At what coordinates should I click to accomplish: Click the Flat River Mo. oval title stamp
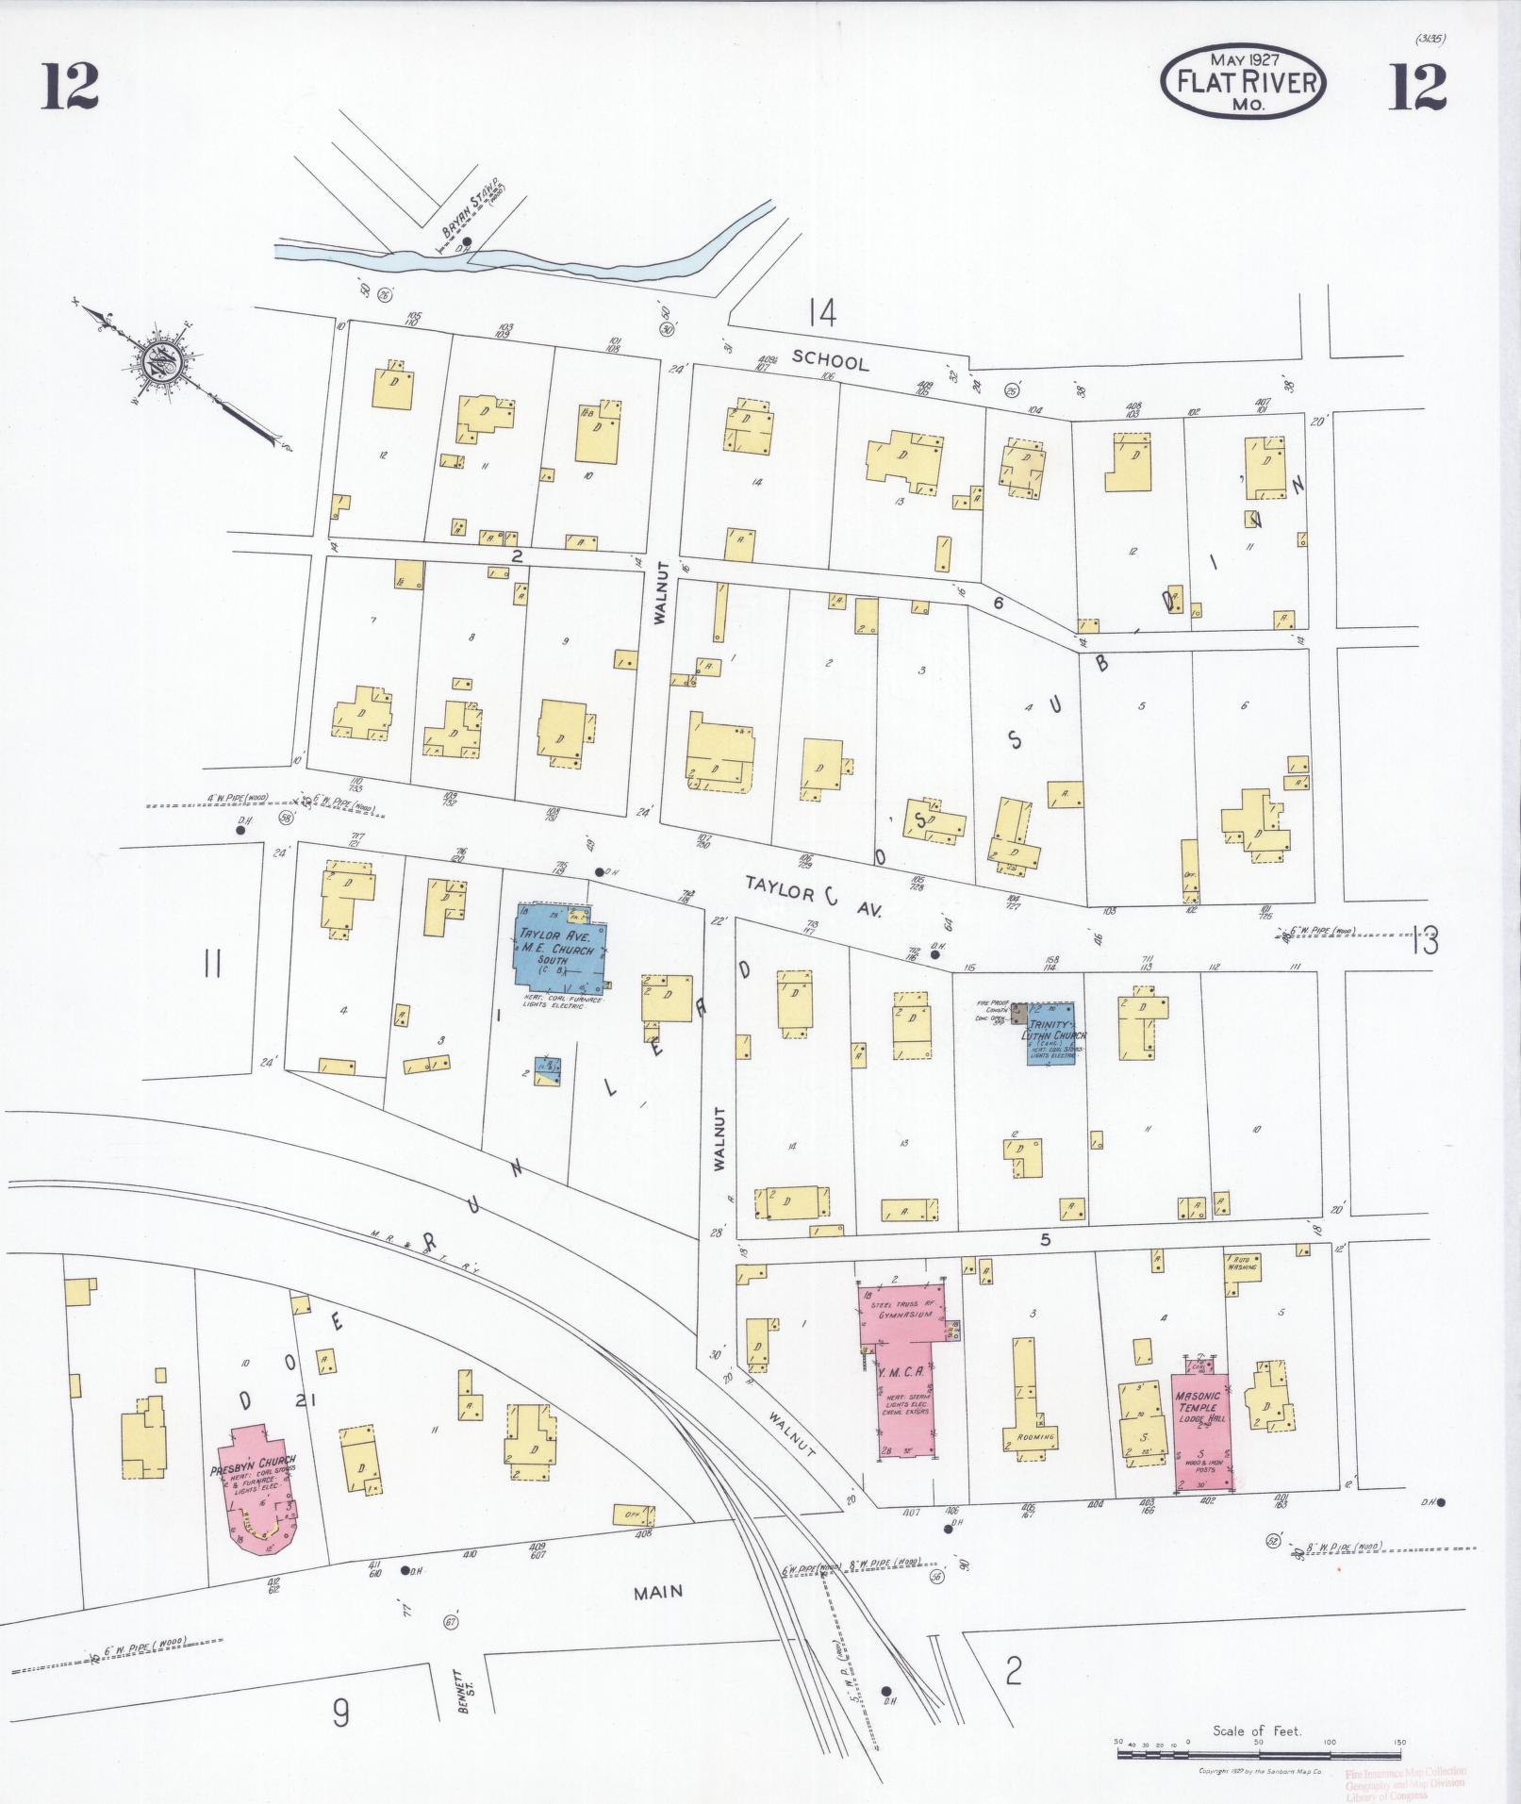pos(1243,83)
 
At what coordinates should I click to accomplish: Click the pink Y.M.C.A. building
pos(901,1368)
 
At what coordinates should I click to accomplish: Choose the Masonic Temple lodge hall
pos(1203,1423)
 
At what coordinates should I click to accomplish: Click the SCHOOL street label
pos(830,359)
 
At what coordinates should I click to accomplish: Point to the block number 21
pos(303,1401)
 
